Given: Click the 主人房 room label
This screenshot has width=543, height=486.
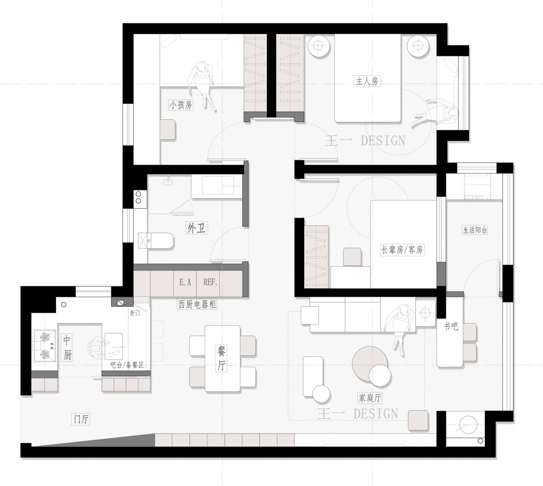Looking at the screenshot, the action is (367, 81).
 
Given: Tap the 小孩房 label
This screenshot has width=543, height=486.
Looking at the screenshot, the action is (181, 105).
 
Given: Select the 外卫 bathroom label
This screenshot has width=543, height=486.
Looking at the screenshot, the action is (197, 228).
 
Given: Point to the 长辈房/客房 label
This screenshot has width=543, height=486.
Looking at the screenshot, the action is (402, 250).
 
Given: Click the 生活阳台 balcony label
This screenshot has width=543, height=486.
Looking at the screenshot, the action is (474, 230).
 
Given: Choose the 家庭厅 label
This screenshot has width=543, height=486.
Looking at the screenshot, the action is (370, 398).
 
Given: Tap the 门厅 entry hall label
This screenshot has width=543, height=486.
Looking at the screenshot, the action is (81, 419).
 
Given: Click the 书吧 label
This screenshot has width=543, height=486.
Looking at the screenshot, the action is (451, 326).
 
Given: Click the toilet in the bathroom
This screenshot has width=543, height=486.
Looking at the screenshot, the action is (156, 240).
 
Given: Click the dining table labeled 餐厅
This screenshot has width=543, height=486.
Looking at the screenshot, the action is (222, 358).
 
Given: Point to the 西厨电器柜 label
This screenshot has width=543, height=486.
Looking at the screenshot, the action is (197, 304).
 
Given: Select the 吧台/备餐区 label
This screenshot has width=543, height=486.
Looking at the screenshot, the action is (127, 365).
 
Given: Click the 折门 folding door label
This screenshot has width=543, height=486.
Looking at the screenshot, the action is (135, 313).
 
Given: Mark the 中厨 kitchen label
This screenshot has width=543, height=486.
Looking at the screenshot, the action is (67, 348).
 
